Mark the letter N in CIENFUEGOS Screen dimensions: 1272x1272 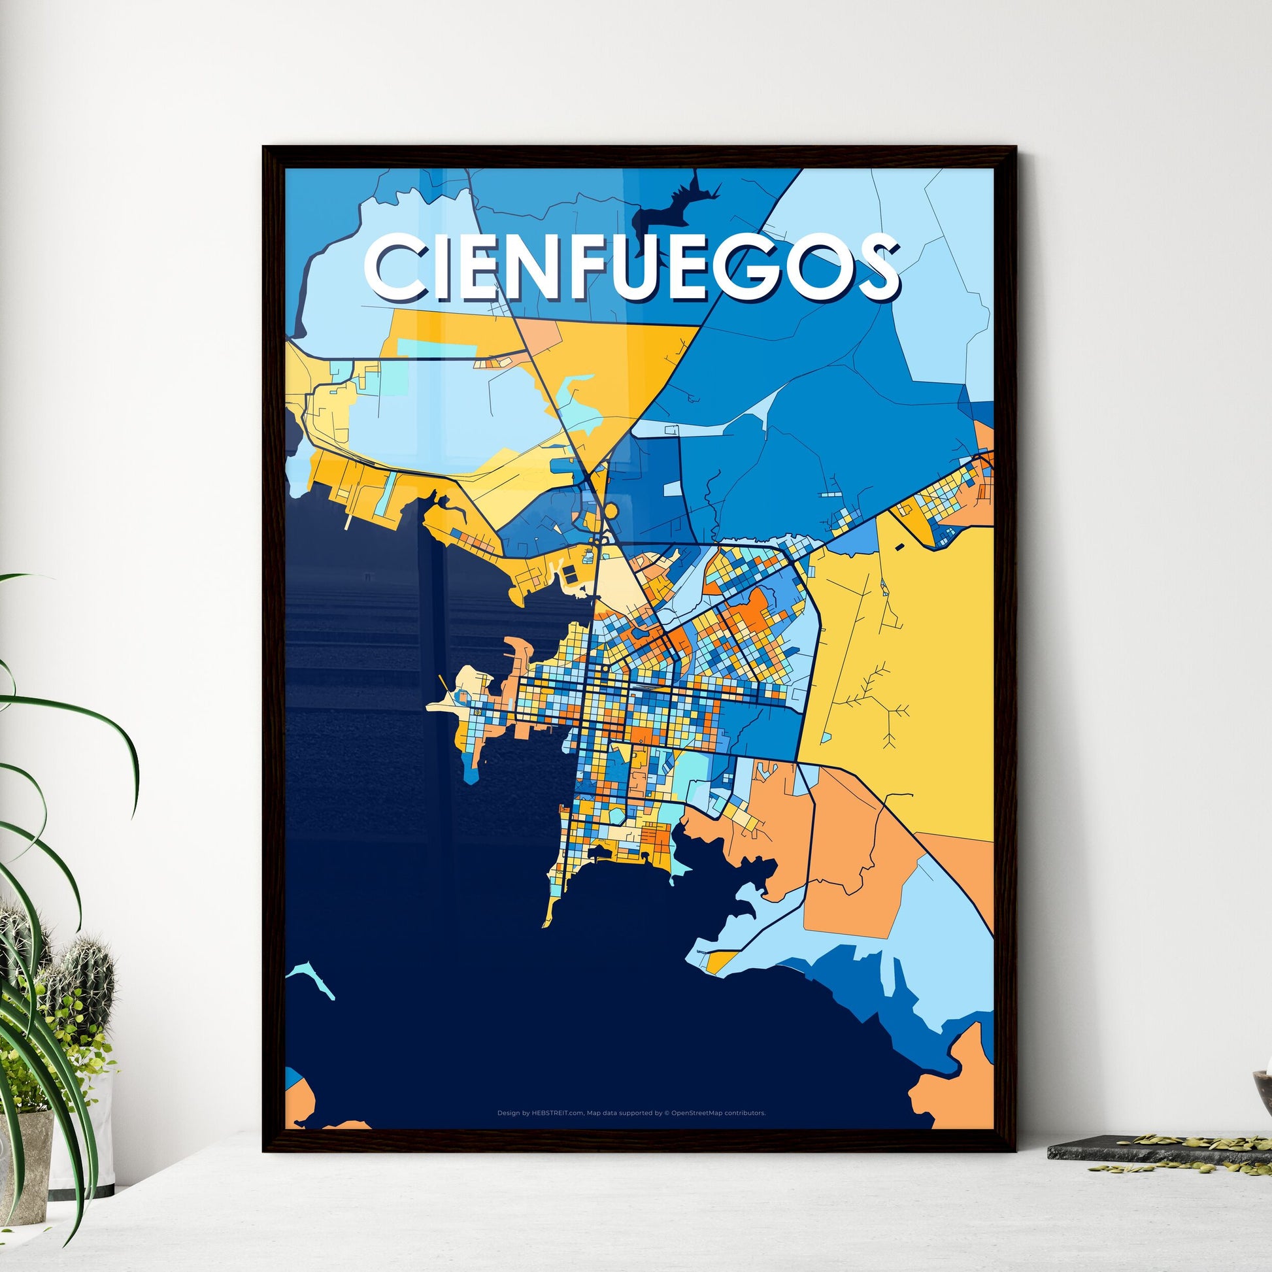tap(522, 268)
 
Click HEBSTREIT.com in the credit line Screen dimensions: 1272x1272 tap(558, 1113)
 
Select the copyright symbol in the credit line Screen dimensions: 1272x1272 tap(666, 1113)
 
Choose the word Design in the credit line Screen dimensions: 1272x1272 tap(509, 1113)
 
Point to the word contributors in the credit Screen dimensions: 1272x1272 tap(745, 1113)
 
